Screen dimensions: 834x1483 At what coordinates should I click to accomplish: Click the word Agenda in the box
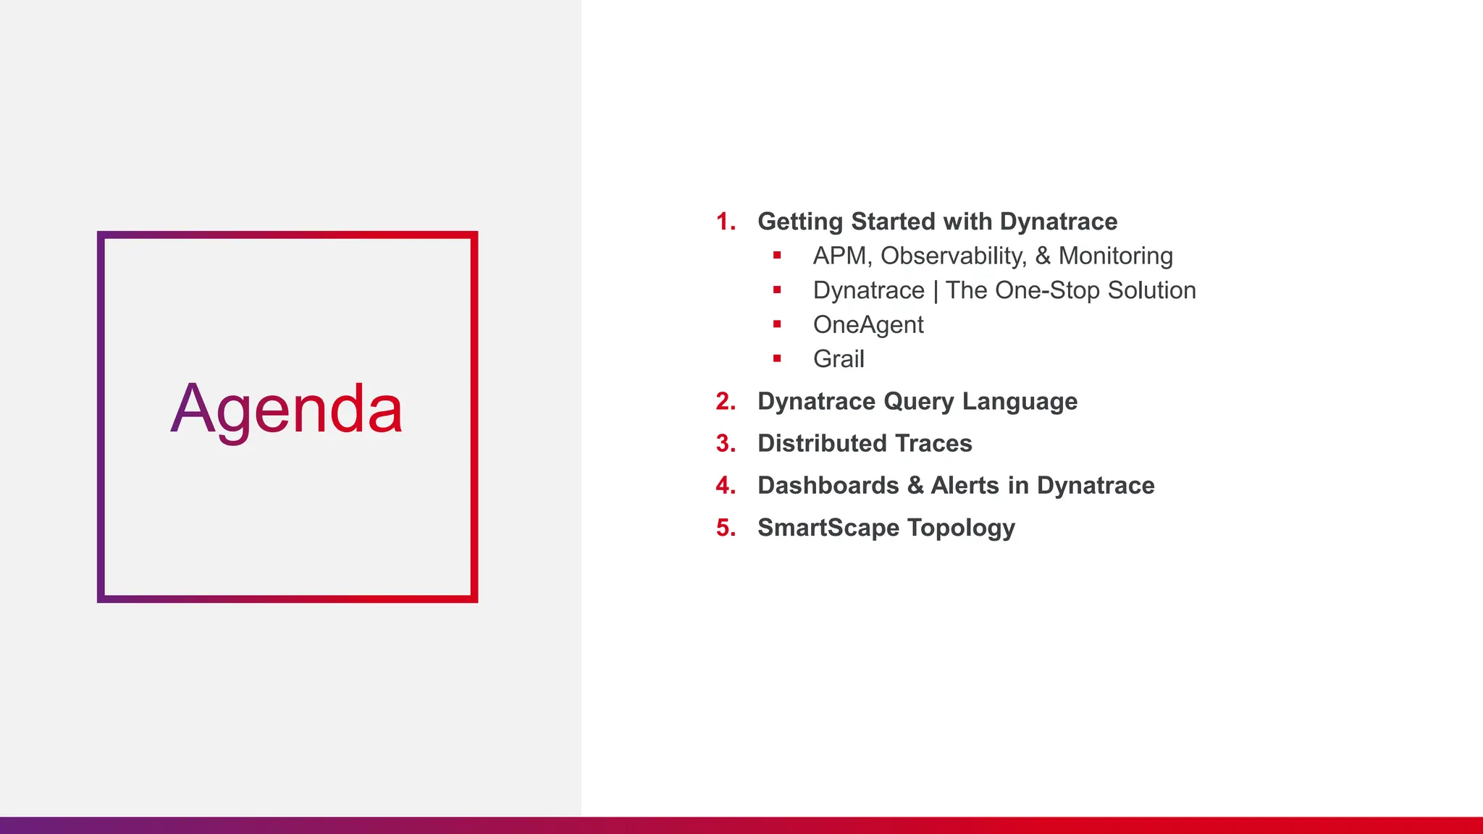[x=286, y=410]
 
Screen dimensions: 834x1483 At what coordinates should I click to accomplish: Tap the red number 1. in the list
[x=725, y=222]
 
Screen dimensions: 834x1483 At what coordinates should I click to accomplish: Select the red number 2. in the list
[x=725, y=402]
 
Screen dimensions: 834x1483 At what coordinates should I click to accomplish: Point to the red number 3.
[x=725, y=444]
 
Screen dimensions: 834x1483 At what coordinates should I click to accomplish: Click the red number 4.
[x=725, y=486]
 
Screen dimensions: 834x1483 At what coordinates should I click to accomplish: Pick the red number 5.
[x=725, y=528]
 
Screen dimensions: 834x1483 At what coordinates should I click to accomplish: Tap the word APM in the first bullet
[x=839, y=256]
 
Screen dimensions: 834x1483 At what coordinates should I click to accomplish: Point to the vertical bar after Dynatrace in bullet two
[x=936, y=291]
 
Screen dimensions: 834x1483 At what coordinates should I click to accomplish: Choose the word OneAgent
[x=867, y=325]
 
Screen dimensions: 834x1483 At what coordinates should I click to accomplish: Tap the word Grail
[x=839, y=359]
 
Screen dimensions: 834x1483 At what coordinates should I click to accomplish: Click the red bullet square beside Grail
[x=777, y=358]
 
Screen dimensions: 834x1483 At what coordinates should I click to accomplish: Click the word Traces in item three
[x=933, y=444]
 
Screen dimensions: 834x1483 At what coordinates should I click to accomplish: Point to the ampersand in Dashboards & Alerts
[x=915, y=486]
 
